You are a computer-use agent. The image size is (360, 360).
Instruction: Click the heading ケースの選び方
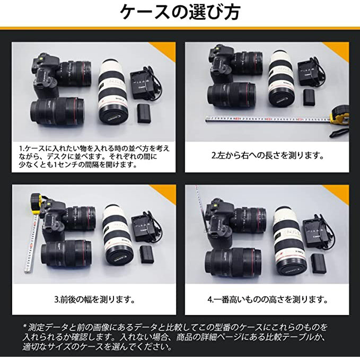coord(180,12)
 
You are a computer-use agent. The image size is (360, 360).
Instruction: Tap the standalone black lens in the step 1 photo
coord(57,112)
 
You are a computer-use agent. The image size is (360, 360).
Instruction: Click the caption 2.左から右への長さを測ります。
coord(267,156)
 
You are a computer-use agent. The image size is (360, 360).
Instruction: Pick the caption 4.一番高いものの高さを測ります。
coord(267,299)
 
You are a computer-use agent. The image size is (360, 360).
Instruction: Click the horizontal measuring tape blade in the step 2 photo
coord(265,119)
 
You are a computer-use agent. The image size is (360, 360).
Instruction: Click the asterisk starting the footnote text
coord(24,327)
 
